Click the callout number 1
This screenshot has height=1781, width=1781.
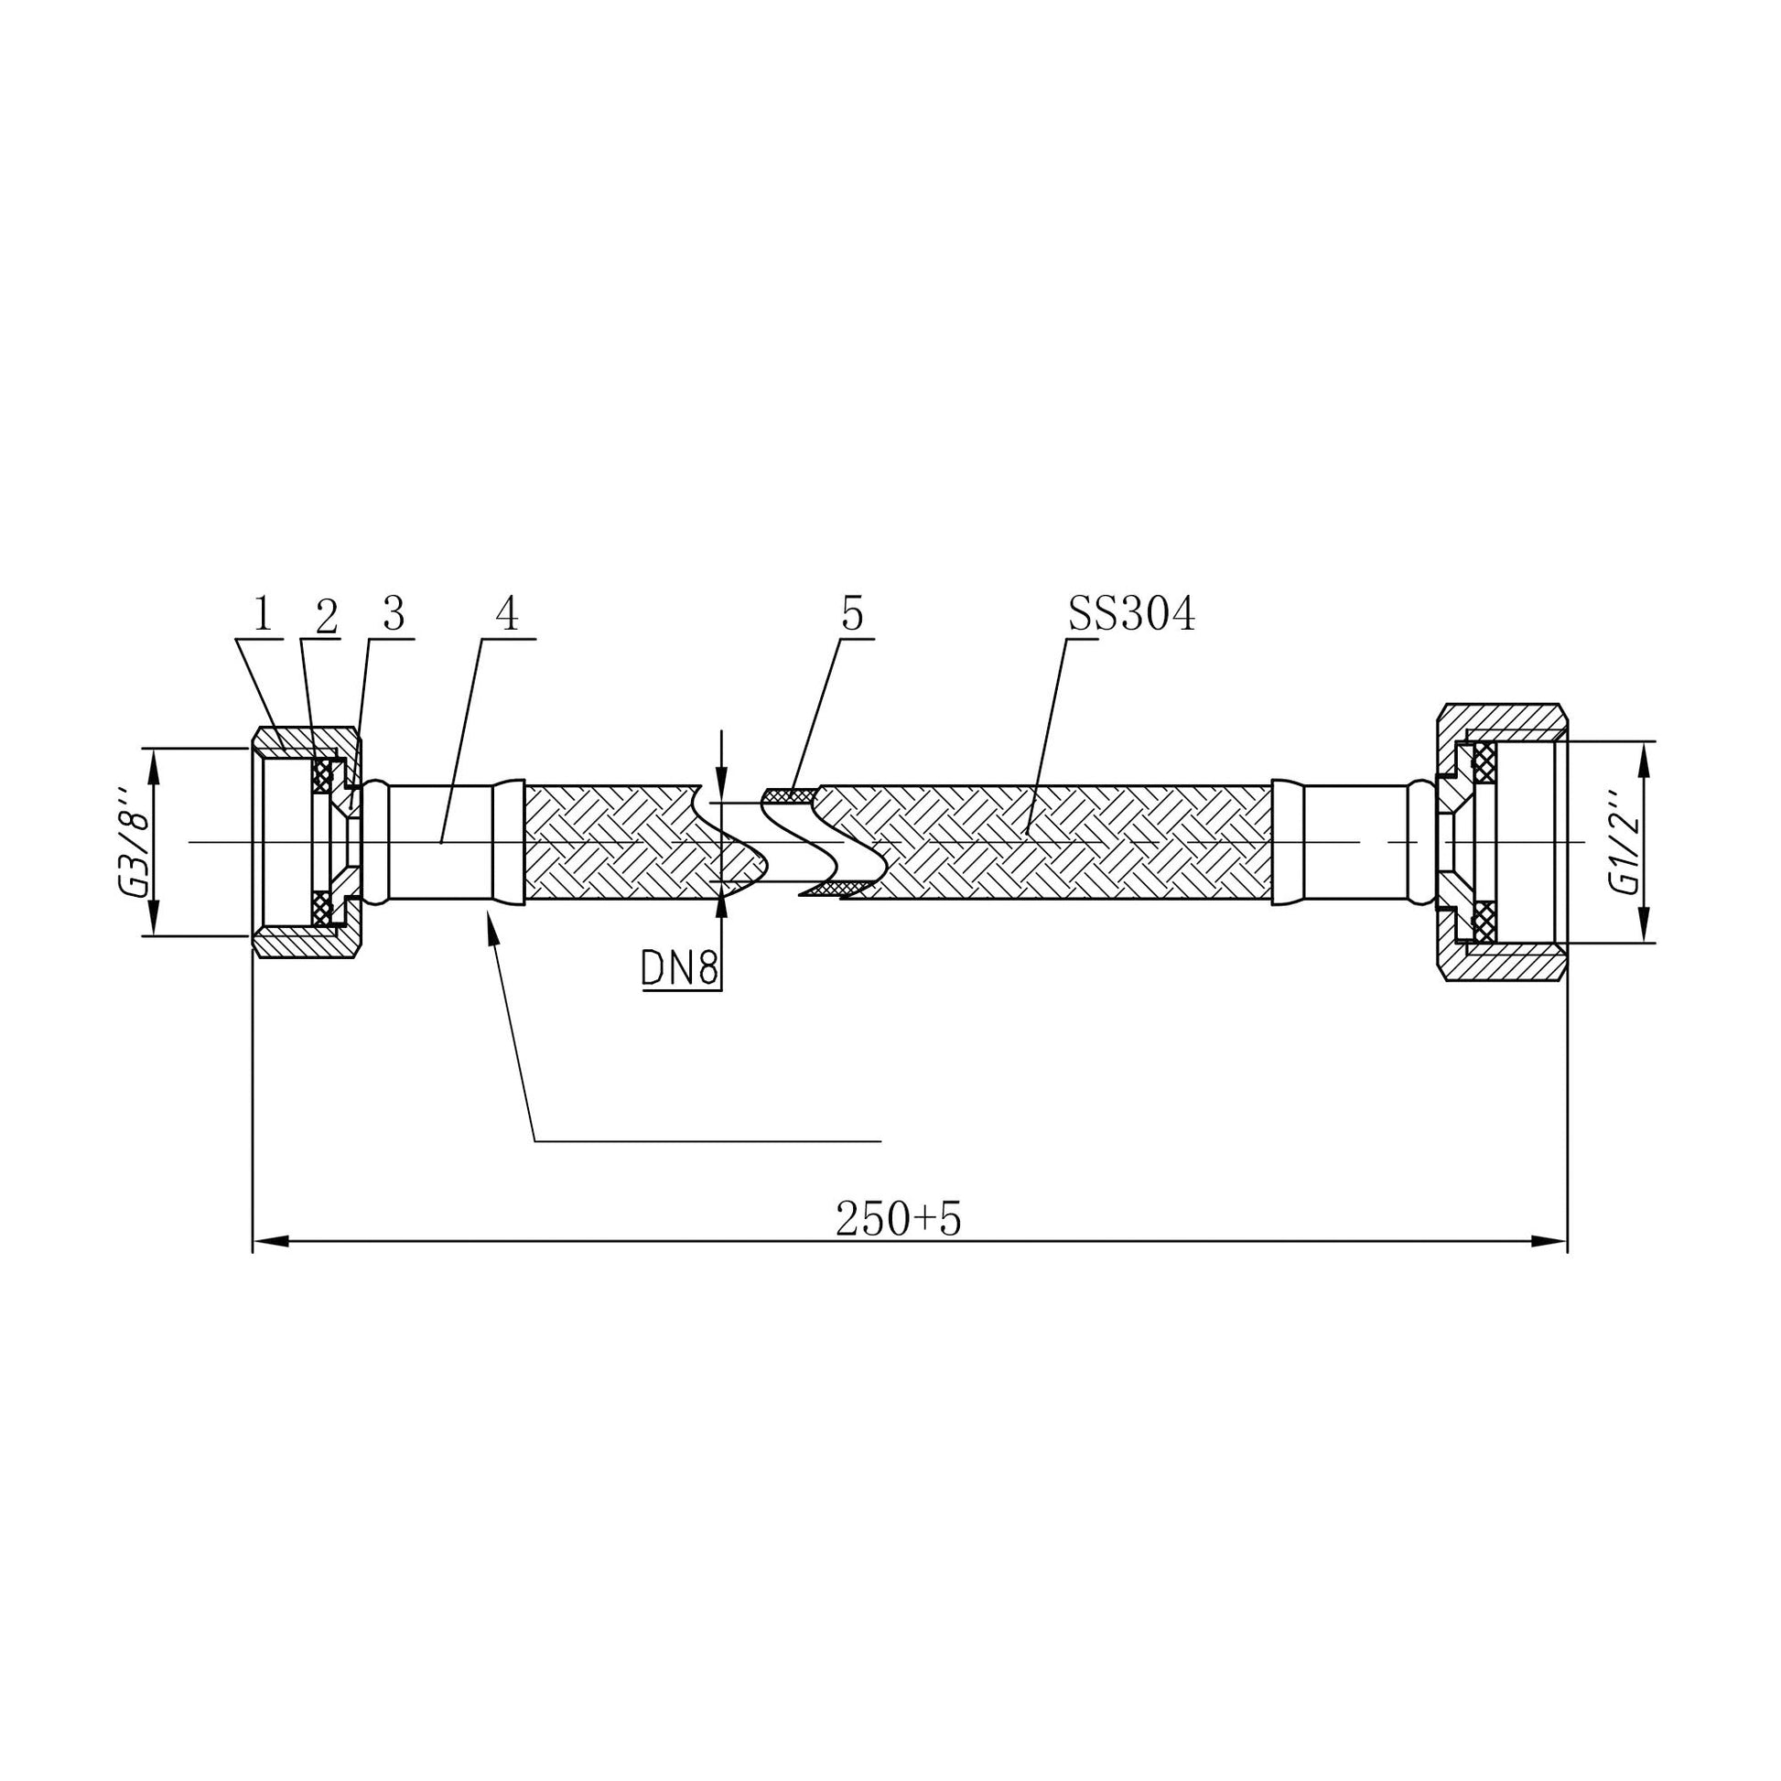click(263, 614)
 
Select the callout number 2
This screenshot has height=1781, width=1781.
click(327, 617)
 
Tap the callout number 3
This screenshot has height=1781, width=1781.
click(394, 614)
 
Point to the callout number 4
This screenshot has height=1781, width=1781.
click(507, 614)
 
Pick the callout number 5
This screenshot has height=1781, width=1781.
click(852, 614)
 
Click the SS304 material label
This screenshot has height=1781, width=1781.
click(1131, 614)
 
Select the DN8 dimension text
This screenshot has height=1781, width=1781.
click(680, 969)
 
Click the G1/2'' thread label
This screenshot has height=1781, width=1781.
click(1624, 842)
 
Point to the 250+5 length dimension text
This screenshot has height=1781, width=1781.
click(898, 1220)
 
